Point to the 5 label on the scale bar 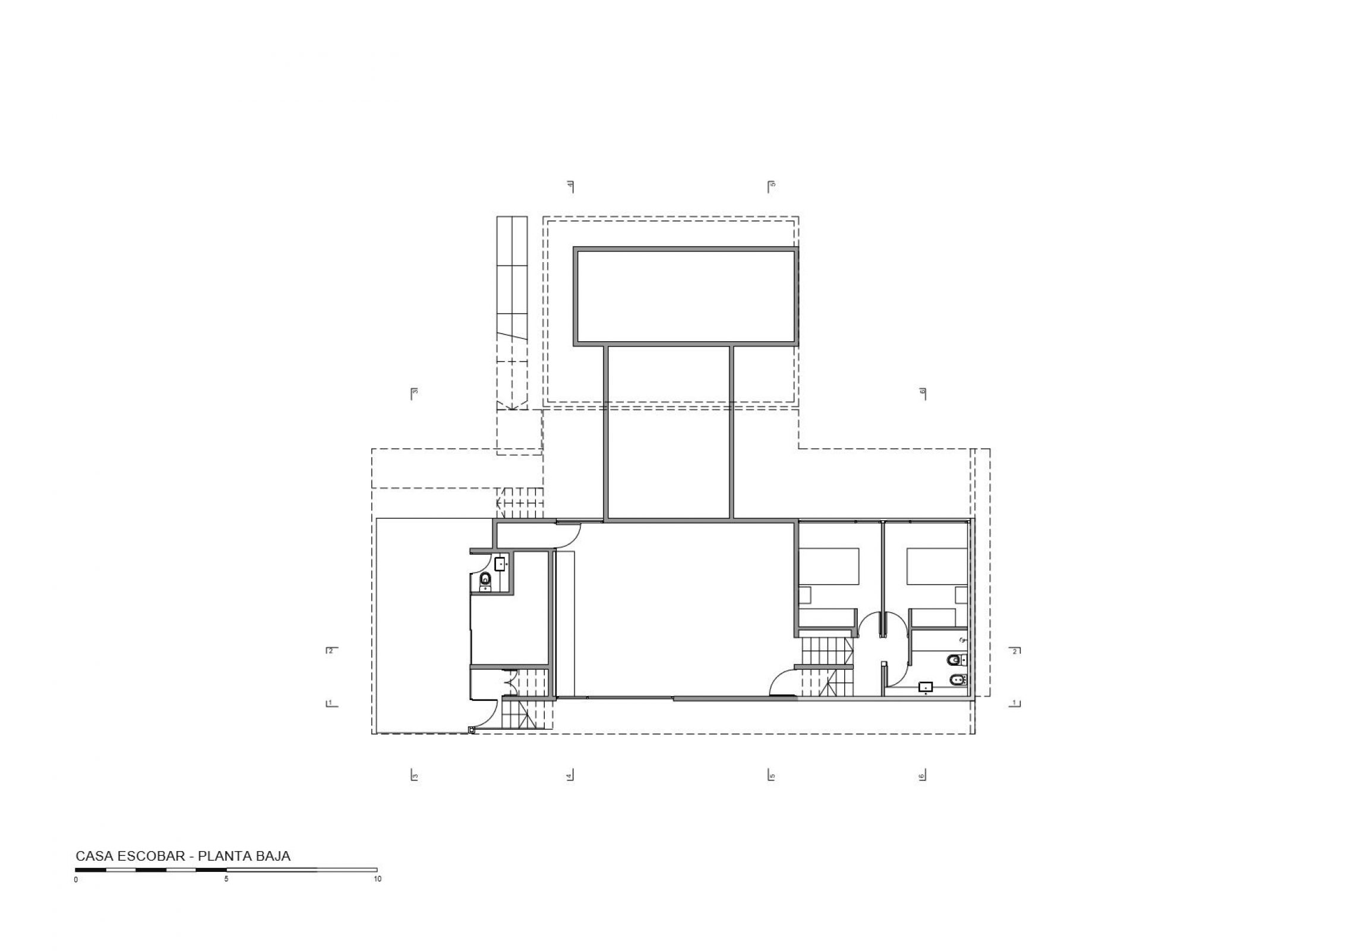pyautogui.click(x=226, y=878)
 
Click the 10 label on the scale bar pyautogui.click(x=377, y=878)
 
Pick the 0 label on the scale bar pyautogui.click(x=76, y=880)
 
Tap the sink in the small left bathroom pyautogui.click(x=500, y=563)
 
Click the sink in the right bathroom pyautogui.click(x=926, y=687)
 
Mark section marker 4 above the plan pyautogui.click(x=570, y=186)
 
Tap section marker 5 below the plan pyautogui.click(x=771, y=775)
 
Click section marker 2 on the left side pyautogui.click(x=331, y=650)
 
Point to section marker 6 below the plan pyautogui.click(x=922, y=775)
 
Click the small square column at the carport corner pyautogui.click(x=472, y=729)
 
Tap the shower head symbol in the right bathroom pyautogui.click(x=962, y=640)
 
